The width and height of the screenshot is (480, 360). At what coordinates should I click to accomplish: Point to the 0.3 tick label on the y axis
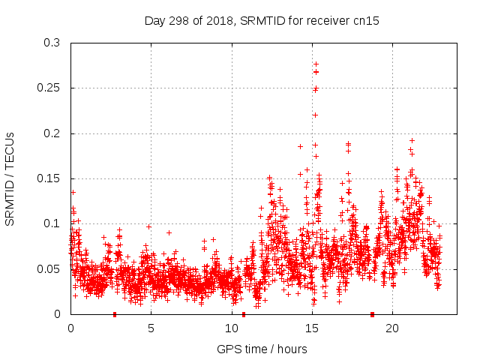click(52, 43)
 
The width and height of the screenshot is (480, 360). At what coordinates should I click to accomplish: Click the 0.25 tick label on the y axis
click(49, 88)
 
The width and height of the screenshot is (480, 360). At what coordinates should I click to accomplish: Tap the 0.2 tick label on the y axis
click(52, 133)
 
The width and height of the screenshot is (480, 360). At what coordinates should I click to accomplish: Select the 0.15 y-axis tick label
click(49, 178)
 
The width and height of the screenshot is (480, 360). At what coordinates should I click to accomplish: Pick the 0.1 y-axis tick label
click(52, 223)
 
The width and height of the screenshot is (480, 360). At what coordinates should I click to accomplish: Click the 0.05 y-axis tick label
click(49, 268)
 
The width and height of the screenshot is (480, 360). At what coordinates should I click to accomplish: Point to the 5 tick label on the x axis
click(151, 328)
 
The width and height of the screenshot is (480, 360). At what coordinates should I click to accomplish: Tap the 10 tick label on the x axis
click(231, 328)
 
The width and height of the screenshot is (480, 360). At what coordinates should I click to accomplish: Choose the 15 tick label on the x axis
click(311, 328)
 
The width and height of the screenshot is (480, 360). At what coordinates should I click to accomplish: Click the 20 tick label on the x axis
click(391, 328)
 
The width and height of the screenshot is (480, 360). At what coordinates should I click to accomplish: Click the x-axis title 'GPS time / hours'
click(262, 349)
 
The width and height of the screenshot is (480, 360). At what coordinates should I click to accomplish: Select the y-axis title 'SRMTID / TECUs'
click(10, 178)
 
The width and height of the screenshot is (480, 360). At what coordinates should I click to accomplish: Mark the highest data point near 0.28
click(316, 64)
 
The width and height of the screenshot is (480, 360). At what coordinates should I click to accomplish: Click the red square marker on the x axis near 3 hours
click(115, 314)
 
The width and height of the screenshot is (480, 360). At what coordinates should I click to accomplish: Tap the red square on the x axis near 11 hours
click(244, 314)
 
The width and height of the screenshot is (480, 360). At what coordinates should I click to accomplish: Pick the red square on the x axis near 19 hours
click(372, 314)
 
